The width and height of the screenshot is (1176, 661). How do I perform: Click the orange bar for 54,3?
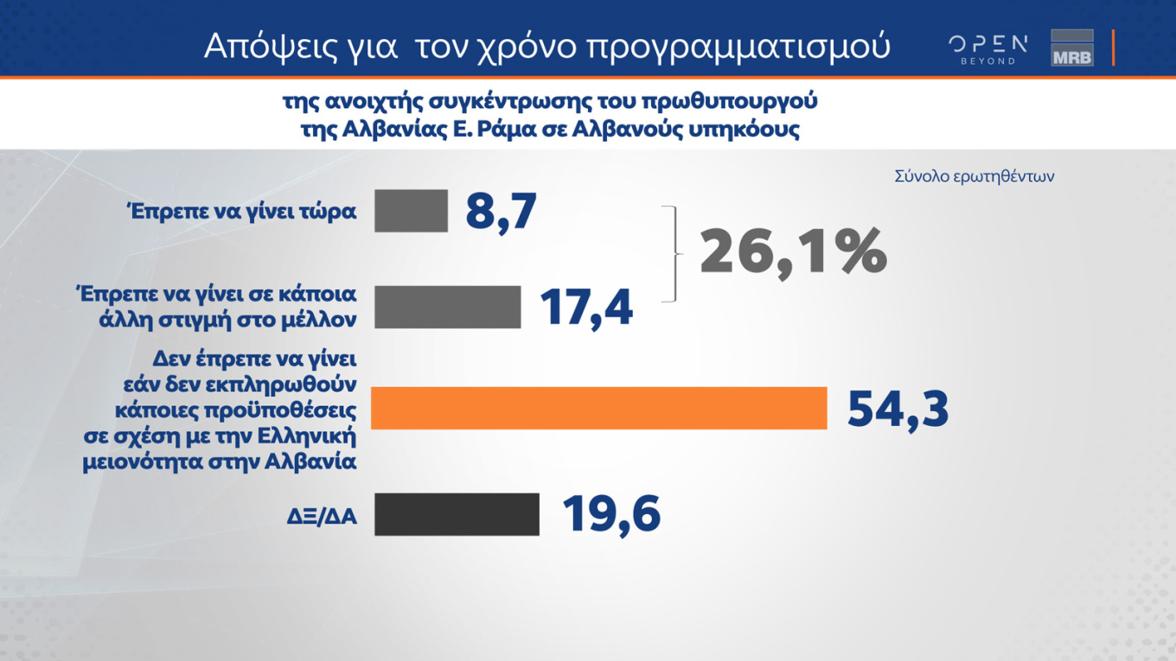tap(598, 408)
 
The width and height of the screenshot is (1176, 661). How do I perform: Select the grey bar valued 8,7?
tap(411, 211)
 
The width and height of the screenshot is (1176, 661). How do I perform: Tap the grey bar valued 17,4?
tap(447, 307)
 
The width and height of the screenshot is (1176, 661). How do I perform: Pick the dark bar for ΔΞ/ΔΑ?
tap(457, 514)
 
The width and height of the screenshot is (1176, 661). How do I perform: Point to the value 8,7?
tap(502, 211)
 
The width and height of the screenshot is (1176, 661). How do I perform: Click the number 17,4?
tap(586, 307)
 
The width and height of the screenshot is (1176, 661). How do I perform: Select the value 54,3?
tap(898, 409)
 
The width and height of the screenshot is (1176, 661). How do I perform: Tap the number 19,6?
tap(611, 514)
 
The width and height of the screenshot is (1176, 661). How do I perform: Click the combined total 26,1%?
tap(793, 252)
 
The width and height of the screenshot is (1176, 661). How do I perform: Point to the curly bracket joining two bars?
tap(672, 254)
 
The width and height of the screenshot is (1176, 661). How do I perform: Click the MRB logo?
tap(1072, 48)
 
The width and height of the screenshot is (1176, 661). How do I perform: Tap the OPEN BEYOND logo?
tap(987, 49)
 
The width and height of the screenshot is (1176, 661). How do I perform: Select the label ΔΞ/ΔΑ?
tap(323, 518)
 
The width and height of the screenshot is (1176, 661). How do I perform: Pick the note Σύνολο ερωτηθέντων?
tap(975, 176)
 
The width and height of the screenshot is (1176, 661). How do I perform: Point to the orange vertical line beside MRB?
tap(1113, 48)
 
